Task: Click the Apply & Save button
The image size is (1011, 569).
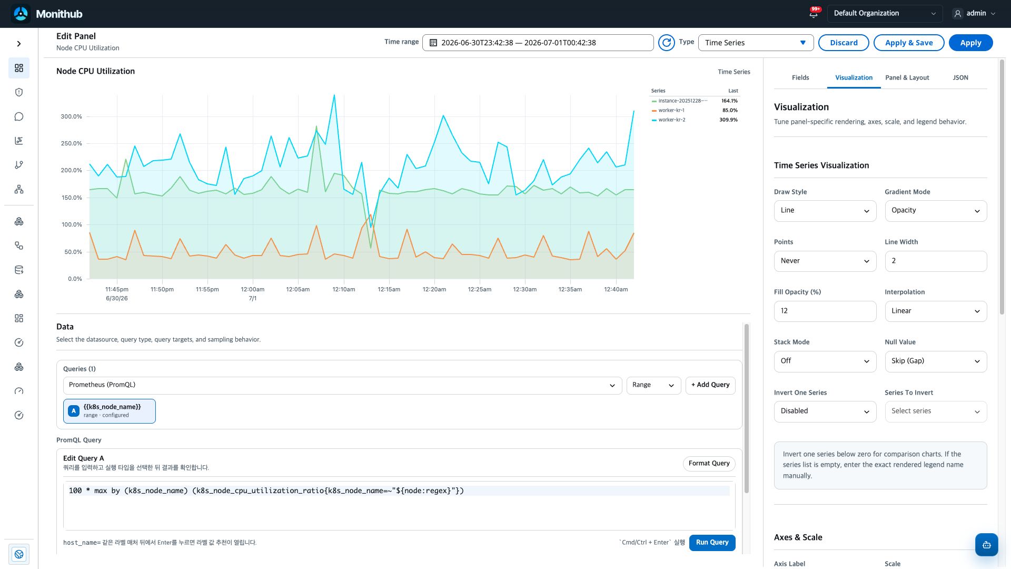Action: (909, 43)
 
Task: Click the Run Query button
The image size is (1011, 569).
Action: (712, 543)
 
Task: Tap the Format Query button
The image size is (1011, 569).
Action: (709, 464)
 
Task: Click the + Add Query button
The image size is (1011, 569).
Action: (710, 385)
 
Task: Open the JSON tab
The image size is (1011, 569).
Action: (960, 77)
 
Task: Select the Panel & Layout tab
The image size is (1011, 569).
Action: (907, 77)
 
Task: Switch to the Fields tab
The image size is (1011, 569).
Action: (800, 77)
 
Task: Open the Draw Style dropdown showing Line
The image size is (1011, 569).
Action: (825, 211)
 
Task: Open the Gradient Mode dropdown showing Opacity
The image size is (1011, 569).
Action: (936, 211)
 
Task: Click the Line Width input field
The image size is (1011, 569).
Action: (936, 261)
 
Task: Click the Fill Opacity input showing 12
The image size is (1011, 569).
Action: (825, 311)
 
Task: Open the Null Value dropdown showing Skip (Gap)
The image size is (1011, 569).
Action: (936, 361)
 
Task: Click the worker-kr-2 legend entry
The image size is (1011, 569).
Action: (671, 120)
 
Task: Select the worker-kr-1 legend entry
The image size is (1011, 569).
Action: (671, 111)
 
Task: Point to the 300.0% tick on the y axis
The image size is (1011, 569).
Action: (71, 116)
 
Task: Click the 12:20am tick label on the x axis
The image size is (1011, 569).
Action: (434, 289)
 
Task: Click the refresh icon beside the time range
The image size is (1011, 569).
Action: (666, 43)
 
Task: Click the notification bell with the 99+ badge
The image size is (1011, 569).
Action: (814, 13)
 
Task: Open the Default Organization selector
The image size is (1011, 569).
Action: (885, 14)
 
